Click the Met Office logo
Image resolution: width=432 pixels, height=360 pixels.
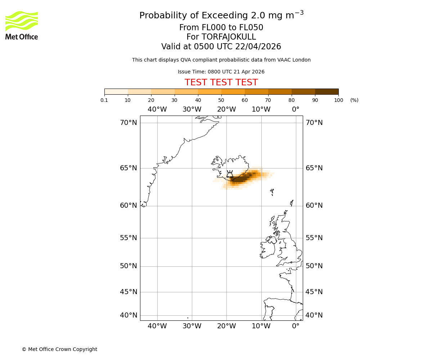click(x=22, y=25)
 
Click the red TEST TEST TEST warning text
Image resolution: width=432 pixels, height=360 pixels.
click(x=221, y=82)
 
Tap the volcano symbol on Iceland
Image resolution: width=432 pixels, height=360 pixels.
click(x=230, y=174)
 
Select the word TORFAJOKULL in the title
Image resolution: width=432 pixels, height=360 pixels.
click(x=229, y=37)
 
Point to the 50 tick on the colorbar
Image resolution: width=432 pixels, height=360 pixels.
click(x=221, y=100)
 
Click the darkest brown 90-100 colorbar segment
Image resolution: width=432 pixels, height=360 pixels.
click(x=327, y=91)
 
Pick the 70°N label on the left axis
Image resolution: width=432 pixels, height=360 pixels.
click(x=129, y=123)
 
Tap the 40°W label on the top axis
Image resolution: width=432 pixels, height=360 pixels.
click(x=157, y=109)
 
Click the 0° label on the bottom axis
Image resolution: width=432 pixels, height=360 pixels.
click(x=296, y=326)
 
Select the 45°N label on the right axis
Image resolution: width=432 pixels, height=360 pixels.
click(x=314, y=292)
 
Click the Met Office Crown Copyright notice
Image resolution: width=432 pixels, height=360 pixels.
click(x=59, y=349)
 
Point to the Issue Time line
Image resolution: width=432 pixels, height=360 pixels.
click(x=221, y=72)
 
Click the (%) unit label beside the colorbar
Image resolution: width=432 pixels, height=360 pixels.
click(x=354, y=100)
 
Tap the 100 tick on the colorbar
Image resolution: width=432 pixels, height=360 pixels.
click(x=338, y=100)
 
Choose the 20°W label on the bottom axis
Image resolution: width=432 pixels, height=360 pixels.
click(x=226, y=326)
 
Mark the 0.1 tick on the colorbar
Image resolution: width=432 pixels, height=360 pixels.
click(x=104, y=100)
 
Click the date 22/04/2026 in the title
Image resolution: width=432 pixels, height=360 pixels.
click(x=258, y=47)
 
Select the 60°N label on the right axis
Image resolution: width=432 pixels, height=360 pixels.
click(x=314, y=206)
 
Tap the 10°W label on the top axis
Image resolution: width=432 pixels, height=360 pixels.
click(x=261, y=109)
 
